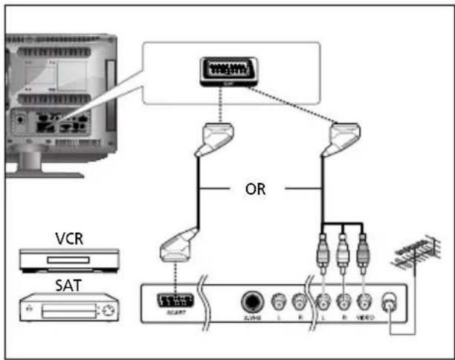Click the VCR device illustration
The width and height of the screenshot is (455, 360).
68,260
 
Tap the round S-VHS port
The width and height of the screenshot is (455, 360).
253,302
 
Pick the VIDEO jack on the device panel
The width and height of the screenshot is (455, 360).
364,303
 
